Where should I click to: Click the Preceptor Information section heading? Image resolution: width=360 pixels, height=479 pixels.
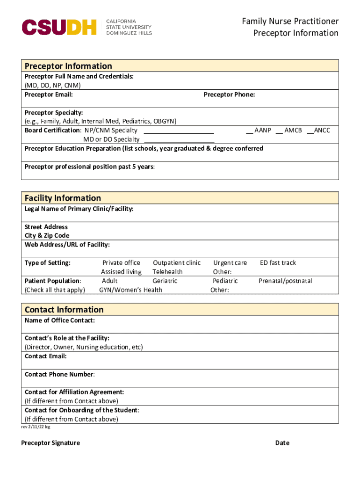pos(68,66)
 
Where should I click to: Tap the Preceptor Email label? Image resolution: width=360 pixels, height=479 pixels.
pos(49,94)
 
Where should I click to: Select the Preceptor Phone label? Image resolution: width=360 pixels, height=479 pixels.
pos(229,94)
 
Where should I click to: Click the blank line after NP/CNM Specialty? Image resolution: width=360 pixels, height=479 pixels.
pos(179,131)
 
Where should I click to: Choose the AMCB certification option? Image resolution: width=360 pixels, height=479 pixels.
pos(289,131)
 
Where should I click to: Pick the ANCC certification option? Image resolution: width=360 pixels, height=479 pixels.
pos(319,131)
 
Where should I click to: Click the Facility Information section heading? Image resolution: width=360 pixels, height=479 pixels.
pos(63,198)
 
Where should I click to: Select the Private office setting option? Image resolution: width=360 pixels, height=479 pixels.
pos(121,263)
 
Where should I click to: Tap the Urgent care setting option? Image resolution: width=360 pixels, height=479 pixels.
pos(230,263)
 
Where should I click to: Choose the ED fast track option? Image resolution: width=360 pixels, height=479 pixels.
pos(278,263)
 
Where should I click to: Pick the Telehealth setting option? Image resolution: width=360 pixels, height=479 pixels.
pos(167,272)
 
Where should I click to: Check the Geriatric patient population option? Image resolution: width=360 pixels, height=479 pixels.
pos(165,281)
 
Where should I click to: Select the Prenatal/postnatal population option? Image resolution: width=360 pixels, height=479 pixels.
pos(285,281)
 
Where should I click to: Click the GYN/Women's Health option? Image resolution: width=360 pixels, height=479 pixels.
pos(131,290)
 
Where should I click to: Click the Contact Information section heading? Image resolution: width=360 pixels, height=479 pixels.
pos(64,310)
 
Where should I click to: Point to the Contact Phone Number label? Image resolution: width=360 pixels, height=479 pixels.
pos(59,374)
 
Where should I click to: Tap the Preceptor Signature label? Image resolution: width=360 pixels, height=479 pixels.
pos(50,443)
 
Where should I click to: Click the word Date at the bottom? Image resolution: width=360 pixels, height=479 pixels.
pos(282,443)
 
